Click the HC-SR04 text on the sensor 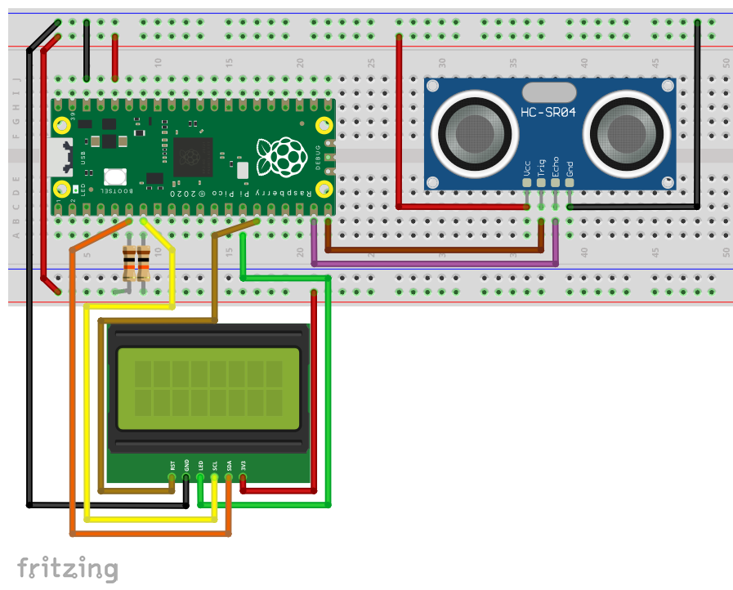point(548,111)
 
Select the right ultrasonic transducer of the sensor point(627,130)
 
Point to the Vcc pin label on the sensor point(527,168)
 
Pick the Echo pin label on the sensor point(556,167)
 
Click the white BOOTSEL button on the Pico point(114,177)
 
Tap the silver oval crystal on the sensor point(548,90)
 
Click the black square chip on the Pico point(192,157)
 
